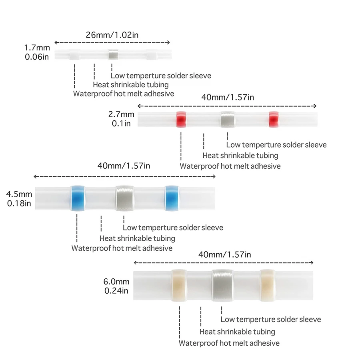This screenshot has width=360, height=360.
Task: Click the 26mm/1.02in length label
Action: (x=112, y=35)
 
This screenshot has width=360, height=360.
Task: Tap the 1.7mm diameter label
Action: (x=37, y=48)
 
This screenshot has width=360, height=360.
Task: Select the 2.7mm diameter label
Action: (x=121, y=114)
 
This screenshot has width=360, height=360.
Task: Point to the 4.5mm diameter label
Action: (x=19, y=194)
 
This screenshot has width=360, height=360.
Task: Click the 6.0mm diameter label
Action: (x=116, y=282)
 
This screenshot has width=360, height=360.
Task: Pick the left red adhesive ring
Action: (x=181, y=119)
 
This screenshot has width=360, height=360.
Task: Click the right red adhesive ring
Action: (x=274, y=119)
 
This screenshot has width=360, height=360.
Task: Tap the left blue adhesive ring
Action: (x=78, y=198)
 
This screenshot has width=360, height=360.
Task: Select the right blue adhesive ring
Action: (x=172, y=198)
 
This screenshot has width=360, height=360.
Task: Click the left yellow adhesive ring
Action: (x=179, y=285)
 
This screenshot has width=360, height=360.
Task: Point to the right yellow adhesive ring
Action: (x=268, y=285)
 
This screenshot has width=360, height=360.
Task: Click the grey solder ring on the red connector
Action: (x=228, y=119)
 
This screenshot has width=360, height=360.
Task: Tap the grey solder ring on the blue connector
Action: (x=125, y=198)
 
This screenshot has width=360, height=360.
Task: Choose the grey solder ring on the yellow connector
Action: (x=222, y=285)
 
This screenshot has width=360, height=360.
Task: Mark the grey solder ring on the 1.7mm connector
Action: (x=113, y=55)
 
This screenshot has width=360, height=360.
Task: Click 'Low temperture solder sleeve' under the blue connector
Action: (x=173, y=228)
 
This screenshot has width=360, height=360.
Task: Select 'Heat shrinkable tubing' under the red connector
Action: (x=240, y=156)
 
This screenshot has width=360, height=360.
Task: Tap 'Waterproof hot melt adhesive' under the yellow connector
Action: (x=229, y=343)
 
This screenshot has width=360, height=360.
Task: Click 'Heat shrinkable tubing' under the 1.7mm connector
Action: (x=131, y=85)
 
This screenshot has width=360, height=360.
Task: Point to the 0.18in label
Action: (x=19, y=204)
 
